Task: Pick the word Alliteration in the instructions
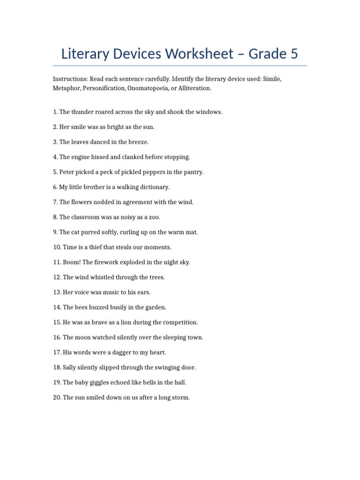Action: (194, 88)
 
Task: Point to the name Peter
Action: (67, 172)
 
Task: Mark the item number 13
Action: (57, 292)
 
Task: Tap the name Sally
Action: (70, 367)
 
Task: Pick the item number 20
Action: (57, 397)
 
